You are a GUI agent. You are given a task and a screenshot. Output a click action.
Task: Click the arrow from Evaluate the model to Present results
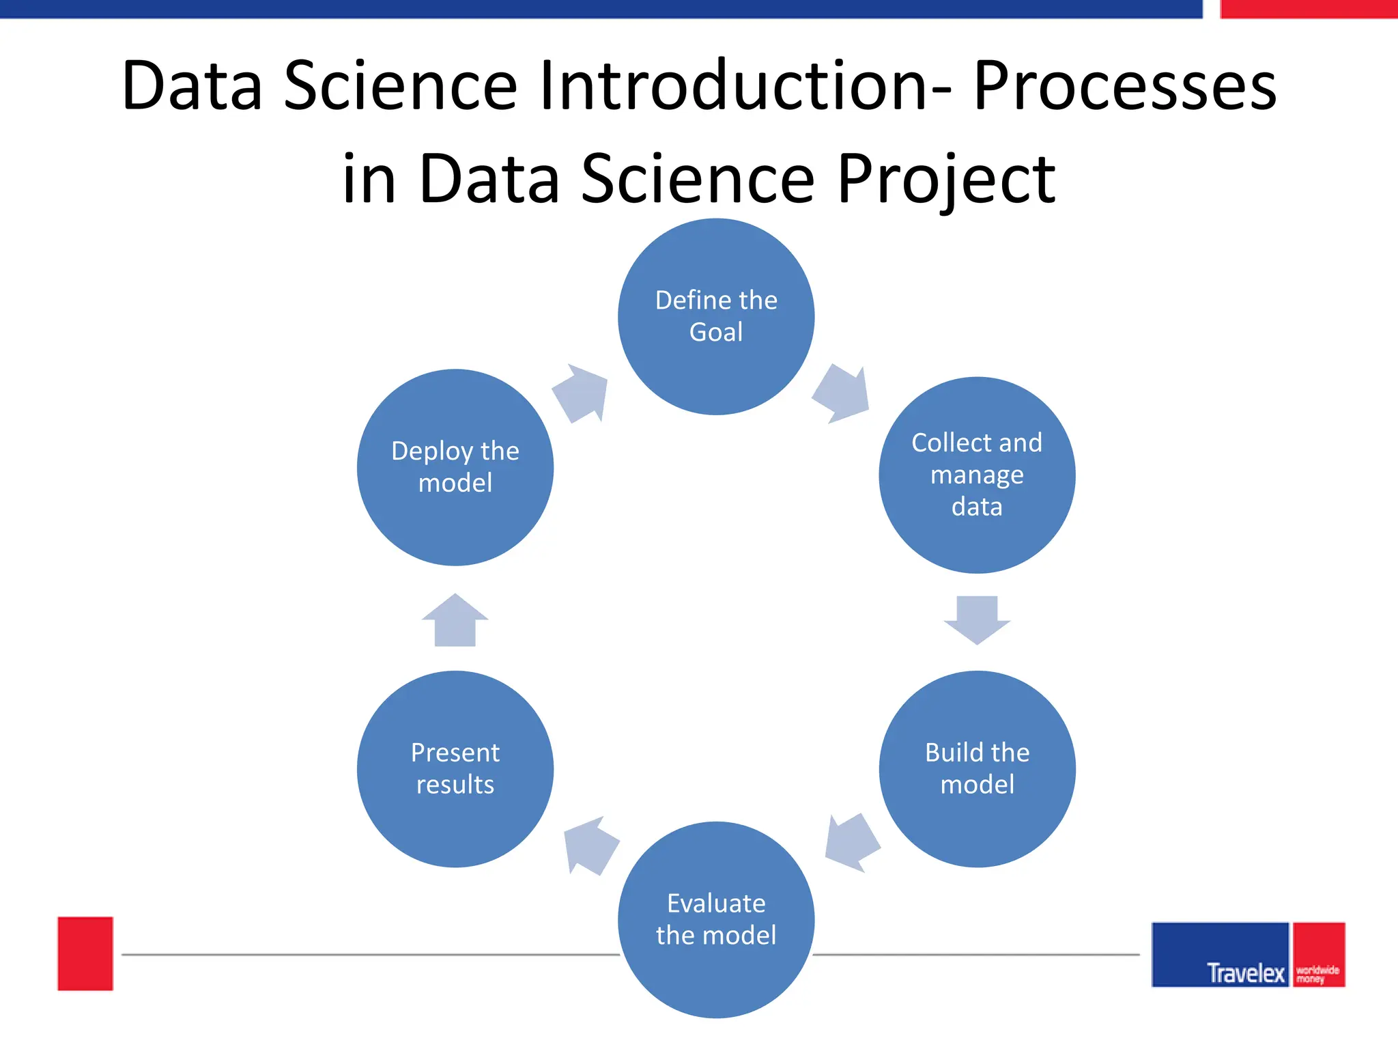point(590,845)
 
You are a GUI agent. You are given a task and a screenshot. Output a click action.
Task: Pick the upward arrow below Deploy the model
point(455,621)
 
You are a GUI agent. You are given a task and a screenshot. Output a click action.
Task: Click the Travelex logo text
point(1245,973)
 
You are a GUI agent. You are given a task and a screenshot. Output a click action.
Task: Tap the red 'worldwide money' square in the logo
point(1319,954)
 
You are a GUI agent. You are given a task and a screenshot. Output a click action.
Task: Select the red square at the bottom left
point(85,953)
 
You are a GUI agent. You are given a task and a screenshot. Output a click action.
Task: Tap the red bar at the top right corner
point(1308,9)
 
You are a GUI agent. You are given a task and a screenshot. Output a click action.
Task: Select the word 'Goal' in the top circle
point(716,332)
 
